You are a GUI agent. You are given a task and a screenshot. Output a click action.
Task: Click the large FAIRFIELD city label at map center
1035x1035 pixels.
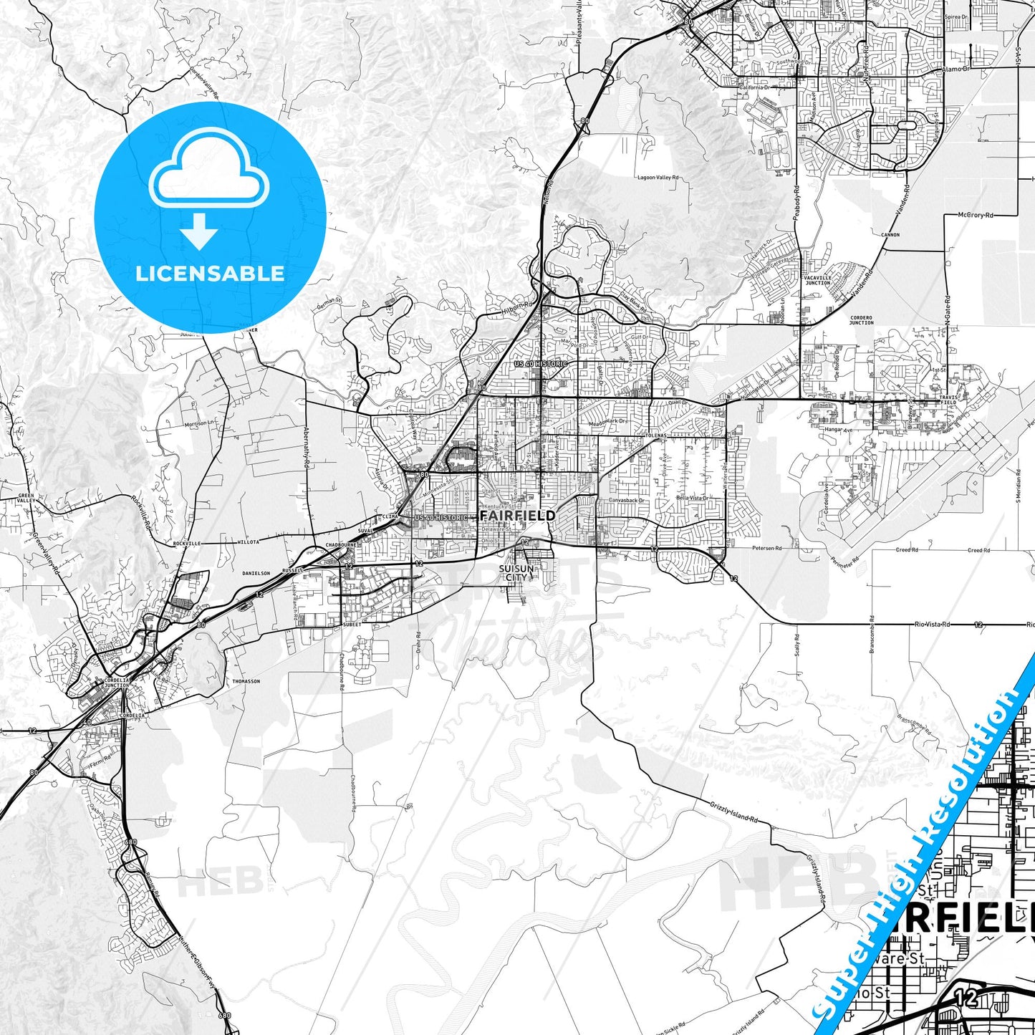tap(517, 515)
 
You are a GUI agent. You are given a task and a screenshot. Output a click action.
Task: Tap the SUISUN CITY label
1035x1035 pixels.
tap(516, 572)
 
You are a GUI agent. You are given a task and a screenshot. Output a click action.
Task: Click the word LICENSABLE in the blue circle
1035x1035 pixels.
tap(210, 273)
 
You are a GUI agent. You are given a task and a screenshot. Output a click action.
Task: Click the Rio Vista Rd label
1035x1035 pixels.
tap(932, 625)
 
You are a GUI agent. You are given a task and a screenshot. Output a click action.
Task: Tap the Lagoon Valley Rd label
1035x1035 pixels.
tap(658, 177)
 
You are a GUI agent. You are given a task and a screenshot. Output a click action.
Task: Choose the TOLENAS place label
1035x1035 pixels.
tap(655, 435)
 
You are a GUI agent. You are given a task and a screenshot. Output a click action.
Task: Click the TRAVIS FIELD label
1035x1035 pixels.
tap(948, 400)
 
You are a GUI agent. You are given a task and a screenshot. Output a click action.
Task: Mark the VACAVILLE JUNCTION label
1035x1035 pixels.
tap(817, 279)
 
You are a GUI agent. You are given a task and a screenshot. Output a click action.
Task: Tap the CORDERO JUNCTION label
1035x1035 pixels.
tap(862, 319)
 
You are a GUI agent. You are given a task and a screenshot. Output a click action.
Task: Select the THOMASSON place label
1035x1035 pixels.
tap(246, 681)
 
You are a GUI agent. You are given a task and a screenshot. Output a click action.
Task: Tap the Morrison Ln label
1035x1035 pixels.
tap(200, 423)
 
